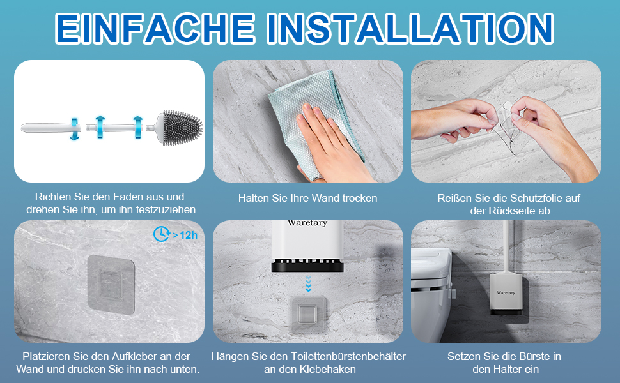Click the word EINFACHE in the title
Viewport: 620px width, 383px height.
(155, 28)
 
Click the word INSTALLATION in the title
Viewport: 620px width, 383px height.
(410, 28)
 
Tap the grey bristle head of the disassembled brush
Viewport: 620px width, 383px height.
(182, 128)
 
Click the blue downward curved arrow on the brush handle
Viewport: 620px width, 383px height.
(74, 128)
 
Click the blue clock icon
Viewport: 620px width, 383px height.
(161, 234)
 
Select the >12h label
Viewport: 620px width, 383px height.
(185, 235)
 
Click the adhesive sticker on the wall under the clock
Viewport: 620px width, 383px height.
(111, 284)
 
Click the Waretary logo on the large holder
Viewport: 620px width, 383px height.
(307, 223)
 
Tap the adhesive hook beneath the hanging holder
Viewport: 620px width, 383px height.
(308, 315)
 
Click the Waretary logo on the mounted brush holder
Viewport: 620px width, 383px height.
(506, 293)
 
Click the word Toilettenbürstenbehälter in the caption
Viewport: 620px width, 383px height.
(348, 356)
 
